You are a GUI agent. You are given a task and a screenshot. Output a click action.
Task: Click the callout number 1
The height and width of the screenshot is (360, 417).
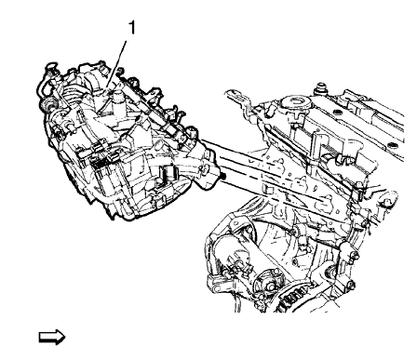(x=131, y=27)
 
